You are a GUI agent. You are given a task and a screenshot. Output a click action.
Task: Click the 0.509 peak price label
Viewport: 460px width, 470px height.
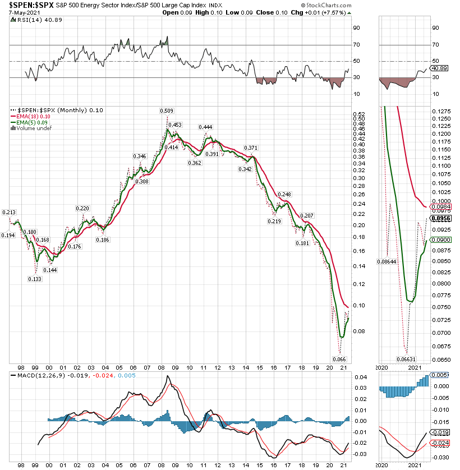(166, 110)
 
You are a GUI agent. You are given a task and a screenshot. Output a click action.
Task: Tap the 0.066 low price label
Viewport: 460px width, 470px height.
(339, 359)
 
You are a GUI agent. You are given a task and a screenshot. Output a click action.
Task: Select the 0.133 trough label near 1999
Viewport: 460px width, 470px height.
(35, 279)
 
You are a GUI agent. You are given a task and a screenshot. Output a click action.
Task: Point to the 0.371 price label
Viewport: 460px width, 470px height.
(251, 148)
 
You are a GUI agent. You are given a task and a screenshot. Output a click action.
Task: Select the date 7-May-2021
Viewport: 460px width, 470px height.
(18, 12)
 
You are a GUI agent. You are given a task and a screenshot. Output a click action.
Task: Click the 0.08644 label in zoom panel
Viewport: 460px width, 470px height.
(387, 261)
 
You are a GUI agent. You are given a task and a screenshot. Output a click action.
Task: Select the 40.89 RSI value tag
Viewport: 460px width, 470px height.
(438, 68)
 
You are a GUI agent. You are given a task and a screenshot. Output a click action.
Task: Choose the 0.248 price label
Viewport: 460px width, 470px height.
(285, 194)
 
